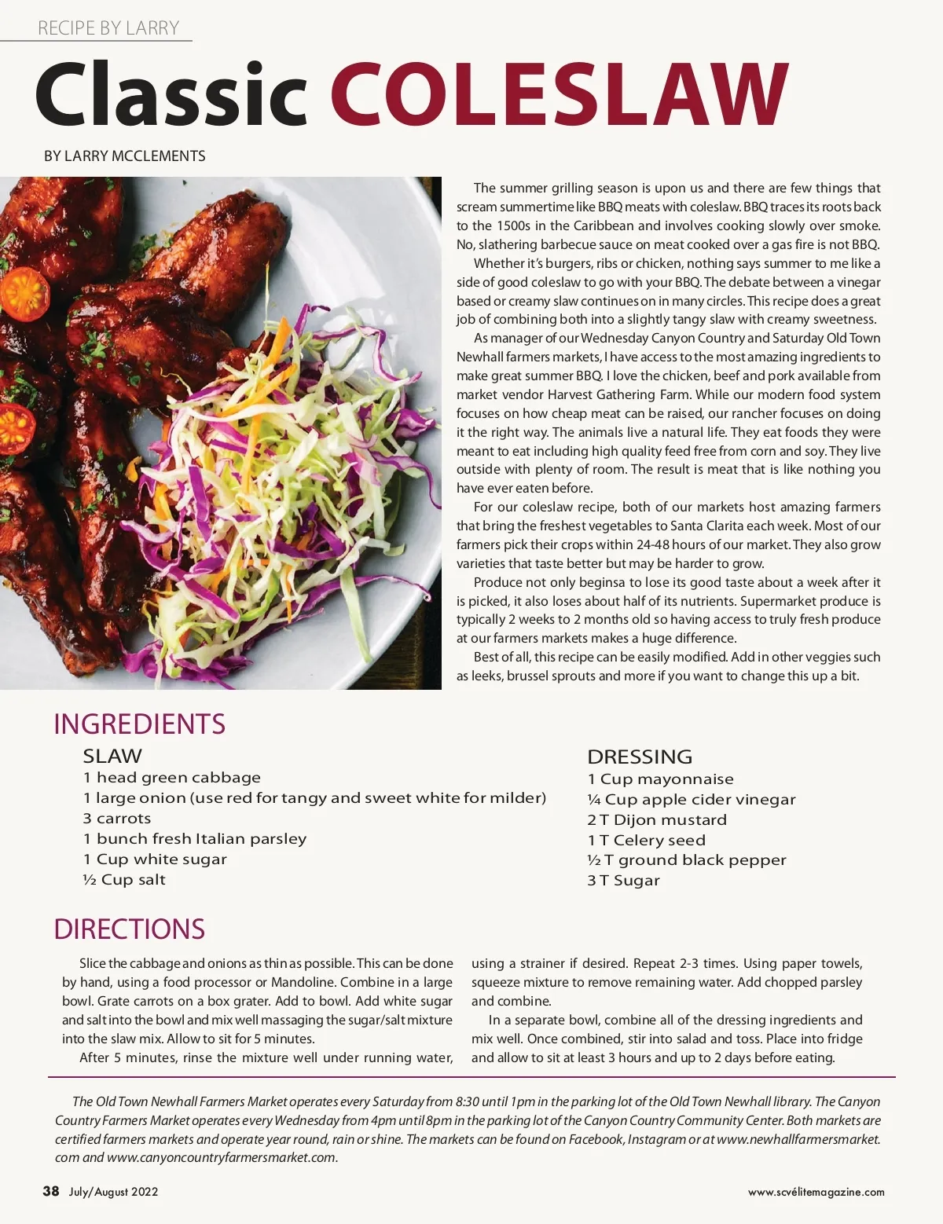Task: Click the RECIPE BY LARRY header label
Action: click(108, 28)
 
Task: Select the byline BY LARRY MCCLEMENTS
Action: click(124, 156)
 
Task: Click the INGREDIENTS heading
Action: click(139, 724)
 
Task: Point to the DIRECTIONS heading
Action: click(129, 929)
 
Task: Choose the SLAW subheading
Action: click(112, 756)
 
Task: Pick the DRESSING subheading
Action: click(640, 757)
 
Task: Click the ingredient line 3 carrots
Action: click(117, 818)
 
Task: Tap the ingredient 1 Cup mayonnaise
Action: click(660, 779)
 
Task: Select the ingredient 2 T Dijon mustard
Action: click(657, 819)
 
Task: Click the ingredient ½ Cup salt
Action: click(124, 879)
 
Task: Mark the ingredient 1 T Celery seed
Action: click(646, 840)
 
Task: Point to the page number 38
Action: click(51, 1191)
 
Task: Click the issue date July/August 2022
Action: click(113, 1192)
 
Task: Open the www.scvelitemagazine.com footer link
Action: click(816, 1192)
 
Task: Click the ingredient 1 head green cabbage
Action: click(171, 777)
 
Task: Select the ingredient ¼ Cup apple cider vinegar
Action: click(691, 799)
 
